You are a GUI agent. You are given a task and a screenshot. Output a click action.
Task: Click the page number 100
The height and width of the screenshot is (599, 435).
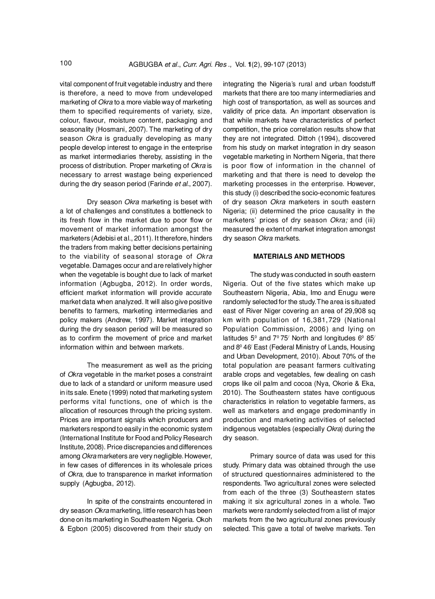(66, 63)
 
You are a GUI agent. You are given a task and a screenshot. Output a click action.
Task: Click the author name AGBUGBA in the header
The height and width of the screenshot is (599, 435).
(145, 64)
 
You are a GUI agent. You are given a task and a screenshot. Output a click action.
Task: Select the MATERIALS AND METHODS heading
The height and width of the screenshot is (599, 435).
(299, 256)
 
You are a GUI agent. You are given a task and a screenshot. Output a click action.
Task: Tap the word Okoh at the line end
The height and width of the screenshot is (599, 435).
(204, 520)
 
